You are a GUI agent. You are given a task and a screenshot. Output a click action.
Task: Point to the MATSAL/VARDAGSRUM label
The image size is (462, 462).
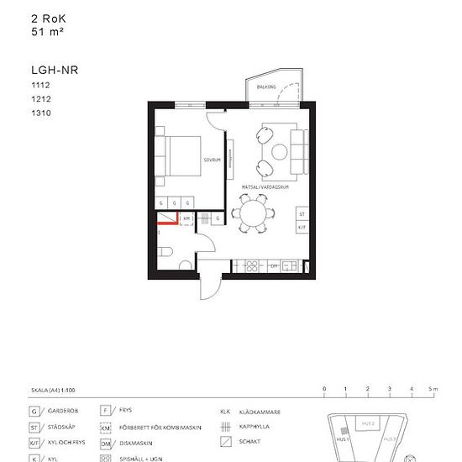tap(265, 187)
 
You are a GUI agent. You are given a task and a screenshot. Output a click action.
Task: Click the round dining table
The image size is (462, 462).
tap(252, 213)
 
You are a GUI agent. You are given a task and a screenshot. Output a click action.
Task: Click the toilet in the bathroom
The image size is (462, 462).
tap(165, 250)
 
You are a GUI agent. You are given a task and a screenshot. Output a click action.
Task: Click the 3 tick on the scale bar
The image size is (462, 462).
tap(390, 389)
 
